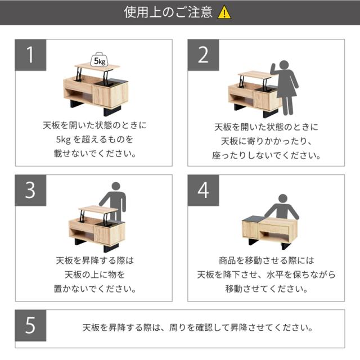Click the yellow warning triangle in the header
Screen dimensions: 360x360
pos(224,12)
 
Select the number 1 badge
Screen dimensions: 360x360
pos(30,55)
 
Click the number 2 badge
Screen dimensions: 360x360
pos(203,55)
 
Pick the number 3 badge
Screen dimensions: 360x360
pos(30,190)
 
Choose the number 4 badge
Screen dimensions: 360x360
pos(203,190)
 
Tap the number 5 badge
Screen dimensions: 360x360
pos(30,325)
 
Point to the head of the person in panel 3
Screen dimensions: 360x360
pos(116,186)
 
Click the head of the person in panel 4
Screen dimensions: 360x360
pos(282,199)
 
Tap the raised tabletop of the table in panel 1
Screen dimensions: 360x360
pos(97,66)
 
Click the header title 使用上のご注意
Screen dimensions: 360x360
pos(168,12)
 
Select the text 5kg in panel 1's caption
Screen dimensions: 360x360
pos(63,139)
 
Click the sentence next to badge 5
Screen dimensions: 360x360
pos(197,327)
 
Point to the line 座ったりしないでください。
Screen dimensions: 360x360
pos(266,155)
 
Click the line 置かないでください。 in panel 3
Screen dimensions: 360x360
pos(94,289)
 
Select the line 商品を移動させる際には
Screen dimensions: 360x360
pos(266,260)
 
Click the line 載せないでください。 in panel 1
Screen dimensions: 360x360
pos(94,153)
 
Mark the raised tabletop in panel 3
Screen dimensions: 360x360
pos(98,209)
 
